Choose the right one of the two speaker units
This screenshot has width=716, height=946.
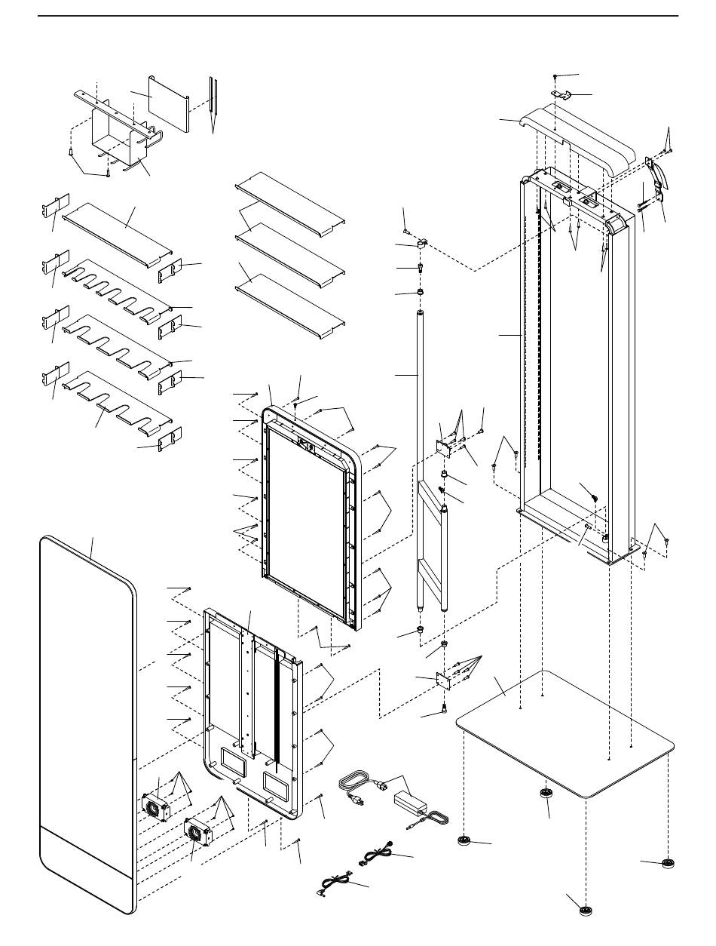(198, 834)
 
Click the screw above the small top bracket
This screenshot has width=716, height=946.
(555, 78)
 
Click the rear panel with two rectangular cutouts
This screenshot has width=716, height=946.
(252, 717)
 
